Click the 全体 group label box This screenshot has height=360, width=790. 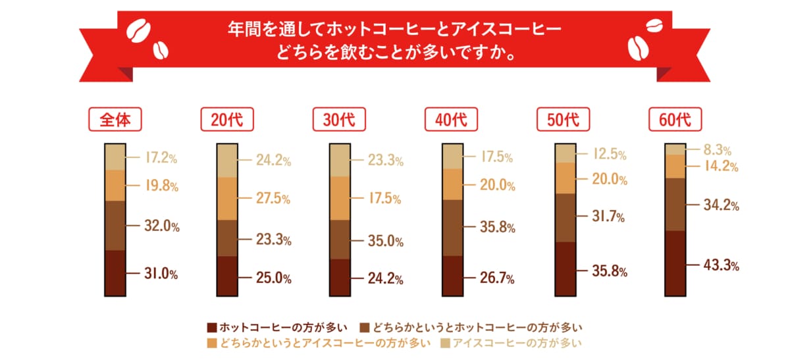click(115, 120)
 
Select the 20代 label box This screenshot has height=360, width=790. click(227, 120)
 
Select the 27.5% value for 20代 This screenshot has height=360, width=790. click(273, 199)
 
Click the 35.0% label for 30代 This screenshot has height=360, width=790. click(385, 241)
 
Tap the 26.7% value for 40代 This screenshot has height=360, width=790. click(497, 278)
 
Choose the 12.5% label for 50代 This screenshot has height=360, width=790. click(609, 155)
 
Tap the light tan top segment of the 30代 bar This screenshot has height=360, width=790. click(339, 160)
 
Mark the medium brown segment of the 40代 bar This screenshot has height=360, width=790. click(451, 228)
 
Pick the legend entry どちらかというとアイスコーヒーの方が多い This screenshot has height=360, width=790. click(319, 342)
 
